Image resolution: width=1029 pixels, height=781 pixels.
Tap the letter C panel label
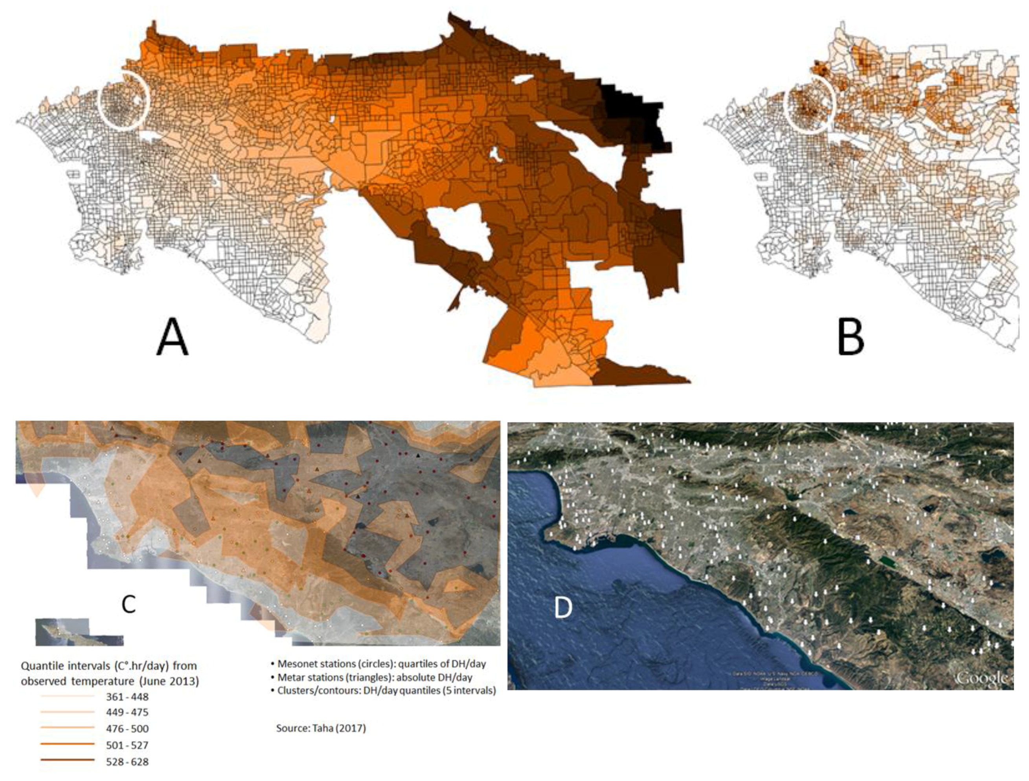click(x=129, y=604)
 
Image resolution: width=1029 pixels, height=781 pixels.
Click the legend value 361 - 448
click(x=127, y=697)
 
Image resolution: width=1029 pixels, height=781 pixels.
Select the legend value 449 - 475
click(x=127, y=712)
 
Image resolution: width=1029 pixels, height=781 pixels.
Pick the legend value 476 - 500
click(x=127, y=729)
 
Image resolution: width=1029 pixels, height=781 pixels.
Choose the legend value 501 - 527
click(x=127, y=745)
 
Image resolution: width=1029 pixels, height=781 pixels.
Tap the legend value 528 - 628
click(x=127, y=762)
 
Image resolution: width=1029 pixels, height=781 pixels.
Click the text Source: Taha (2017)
click(x=321, y=728)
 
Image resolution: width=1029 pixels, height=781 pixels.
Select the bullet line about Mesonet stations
click(x=382, y=664)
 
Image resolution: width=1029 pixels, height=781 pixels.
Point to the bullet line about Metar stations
click(x=375, y=677)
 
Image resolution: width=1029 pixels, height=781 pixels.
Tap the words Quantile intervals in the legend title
click(x=65, y=666)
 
